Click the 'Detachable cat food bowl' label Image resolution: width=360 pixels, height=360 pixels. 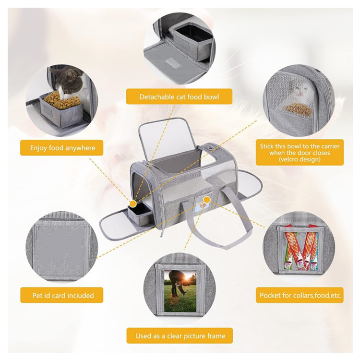pyautogui.click(x=179, y=97)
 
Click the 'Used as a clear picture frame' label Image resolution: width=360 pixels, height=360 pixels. pyautogui.click(x=180, y=336)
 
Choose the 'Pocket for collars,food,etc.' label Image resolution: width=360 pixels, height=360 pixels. pyautogui.click(x=300, y=295)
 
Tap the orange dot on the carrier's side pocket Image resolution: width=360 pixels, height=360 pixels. pyautogui.click(x=207, y=199)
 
